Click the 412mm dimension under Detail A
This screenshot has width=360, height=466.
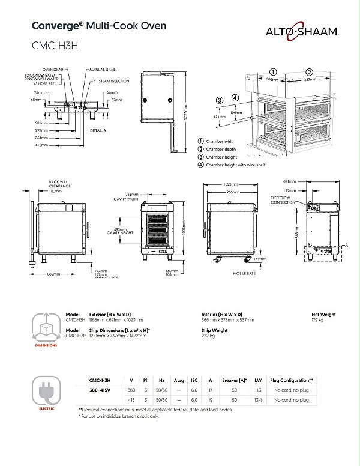pyautogui.click(x=41, y=144)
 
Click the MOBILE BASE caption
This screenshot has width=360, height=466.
pyautogui.click(x=245, y=273)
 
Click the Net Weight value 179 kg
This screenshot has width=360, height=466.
pyautogui.click(x=319, y=320)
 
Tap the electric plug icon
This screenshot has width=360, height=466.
pyautogui.click(x=46, y=392)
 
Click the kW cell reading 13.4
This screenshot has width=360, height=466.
pyautogui.click(x=257, y=399)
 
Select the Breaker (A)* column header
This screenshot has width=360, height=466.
pyautogui.click(x=235, y=380)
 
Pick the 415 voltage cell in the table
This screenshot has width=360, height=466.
pyautogui.click(x=131, y=399)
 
